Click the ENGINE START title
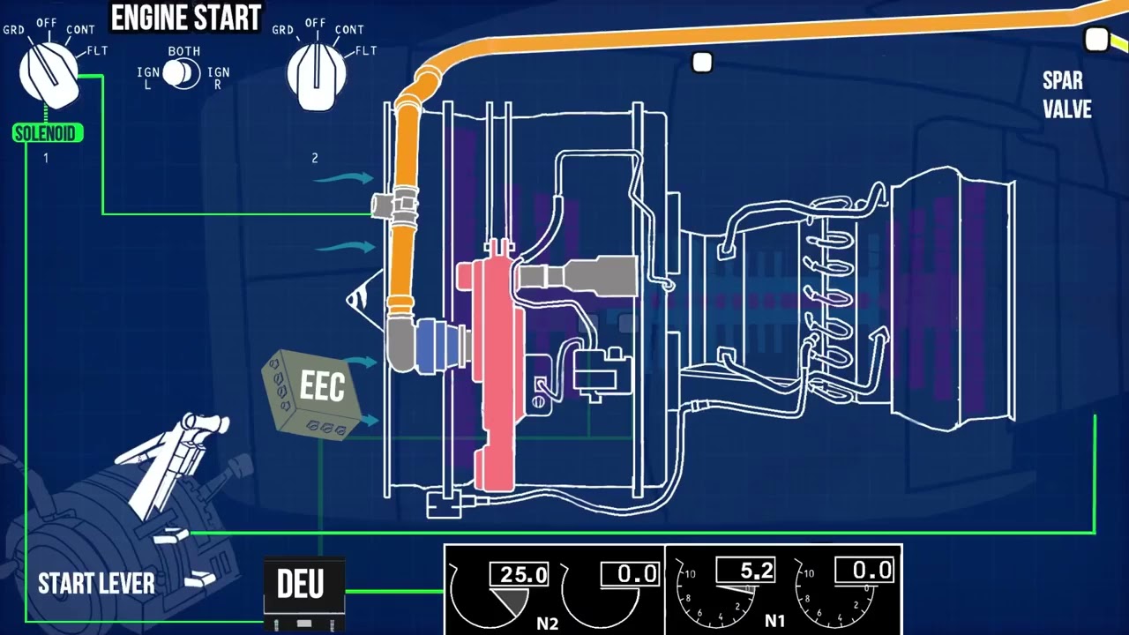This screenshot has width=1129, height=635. click(185, 17)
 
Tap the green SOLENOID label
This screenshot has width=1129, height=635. click(48, 134)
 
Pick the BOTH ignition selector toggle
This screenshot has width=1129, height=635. click(182, 72)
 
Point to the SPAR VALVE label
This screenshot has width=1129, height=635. click(1066, 95)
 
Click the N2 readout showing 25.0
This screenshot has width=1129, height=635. click(523, 575)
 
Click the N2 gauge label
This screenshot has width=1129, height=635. click(548, 623)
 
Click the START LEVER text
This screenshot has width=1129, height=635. click(96, 583)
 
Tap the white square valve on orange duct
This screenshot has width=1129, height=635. click(702, 63)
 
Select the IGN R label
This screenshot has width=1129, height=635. click(218, 78)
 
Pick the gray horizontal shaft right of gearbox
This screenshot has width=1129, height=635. click(578, 275)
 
